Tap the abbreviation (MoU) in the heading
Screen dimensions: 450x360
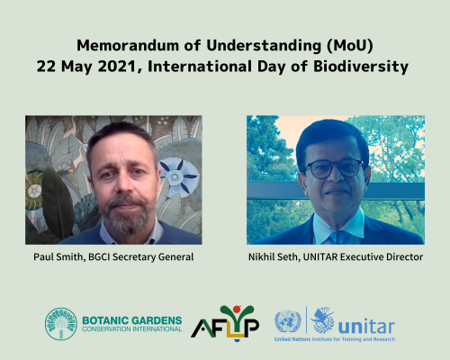(x=350, y=46)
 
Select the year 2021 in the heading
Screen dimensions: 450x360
(x=120, y=67)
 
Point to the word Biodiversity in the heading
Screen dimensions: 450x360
(x=361, y=67)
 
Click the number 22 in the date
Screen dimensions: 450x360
(x=46, y=67)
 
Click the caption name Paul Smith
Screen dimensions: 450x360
(x=58, y=257)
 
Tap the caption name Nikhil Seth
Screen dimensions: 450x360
(x=274, y=257)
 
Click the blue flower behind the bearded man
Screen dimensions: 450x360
(x=177, y=176)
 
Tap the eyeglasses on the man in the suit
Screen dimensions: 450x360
(x=335, y=168)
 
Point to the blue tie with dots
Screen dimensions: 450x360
(x=339, y=237)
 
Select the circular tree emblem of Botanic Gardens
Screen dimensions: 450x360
(x=61, y=324)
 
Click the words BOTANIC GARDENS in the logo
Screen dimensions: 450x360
(x=132, y=320)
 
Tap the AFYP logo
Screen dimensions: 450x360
(x=225, y=323)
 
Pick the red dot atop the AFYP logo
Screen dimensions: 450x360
(x=237, y=309)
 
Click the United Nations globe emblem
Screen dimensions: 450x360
(x=288, y=322)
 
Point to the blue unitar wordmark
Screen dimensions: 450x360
(x=366, y=327)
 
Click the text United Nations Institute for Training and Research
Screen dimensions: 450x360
(x=335, y=339)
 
